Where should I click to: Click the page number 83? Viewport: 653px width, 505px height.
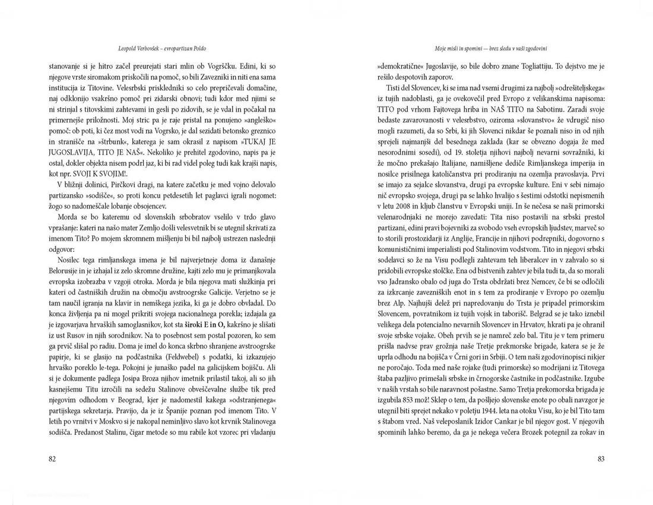[600, 459]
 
